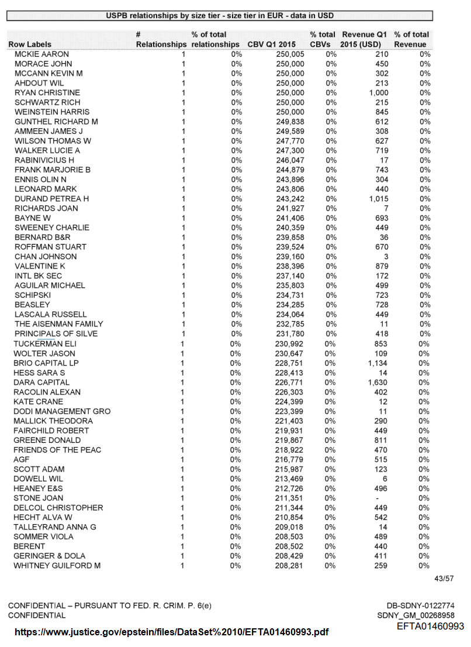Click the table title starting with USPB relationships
tap(220, 16)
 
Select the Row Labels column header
tap(30, 44)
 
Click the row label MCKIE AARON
tap(41, 54)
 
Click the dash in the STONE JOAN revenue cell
tap(384, 498)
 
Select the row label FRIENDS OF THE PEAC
tap(57, 450)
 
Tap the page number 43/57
tap(444, 579)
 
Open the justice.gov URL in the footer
tap(171, 632)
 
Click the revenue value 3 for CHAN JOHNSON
tap(386, 257)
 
